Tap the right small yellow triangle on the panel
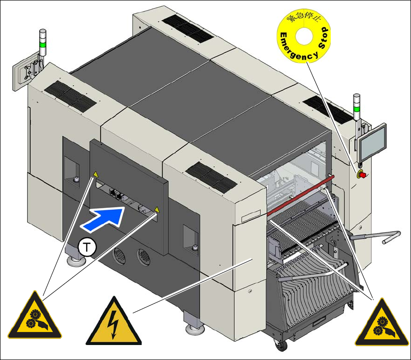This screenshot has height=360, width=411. click(x=156, y=210)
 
